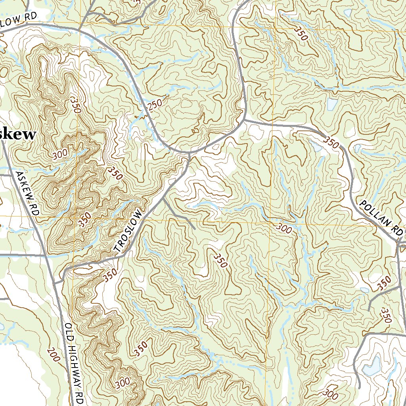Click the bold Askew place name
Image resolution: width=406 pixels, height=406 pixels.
(x=18, y=134)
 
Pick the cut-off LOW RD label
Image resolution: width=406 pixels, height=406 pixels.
(x=18, y=20)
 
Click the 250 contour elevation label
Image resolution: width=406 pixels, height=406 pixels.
(x=154, y=105)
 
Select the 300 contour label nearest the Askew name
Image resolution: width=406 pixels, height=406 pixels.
(x=60, y=154)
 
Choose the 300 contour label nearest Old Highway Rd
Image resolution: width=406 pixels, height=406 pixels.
(x=123, y=383)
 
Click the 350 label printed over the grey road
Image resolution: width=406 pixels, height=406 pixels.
(x=331, y=142)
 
